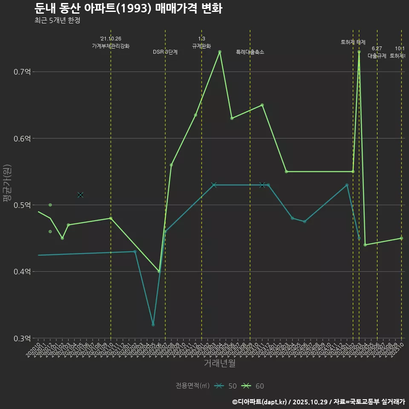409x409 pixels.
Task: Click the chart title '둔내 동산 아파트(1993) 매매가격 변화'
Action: pos(128,9)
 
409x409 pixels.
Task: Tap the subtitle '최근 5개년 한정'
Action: pos(57,20)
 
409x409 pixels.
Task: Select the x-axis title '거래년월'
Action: pos(219,363)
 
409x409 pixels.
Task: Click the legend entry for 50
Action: pos(226,386)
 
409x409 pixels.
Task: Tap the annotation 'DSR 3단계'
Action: pos(165,52)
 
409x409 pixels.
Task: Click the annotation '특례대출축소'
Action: pos(250,52)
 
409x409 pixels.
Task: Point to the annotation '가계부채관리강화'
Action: pos(111,46)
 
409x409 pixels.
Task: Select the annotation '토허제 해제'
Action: pos(353,42)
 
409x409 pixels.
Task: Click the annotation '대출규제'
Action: pos(377,55)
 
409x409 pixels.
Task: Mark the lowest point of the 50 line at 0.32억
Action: pos(153,325)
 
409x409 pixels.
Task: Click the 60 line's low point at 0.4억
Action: pos(159,271)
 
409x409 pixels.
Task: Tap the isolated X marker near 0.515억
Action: pos(81,195)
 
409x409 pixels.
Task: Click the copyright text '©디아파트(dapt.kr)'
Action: pos(260,402)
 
